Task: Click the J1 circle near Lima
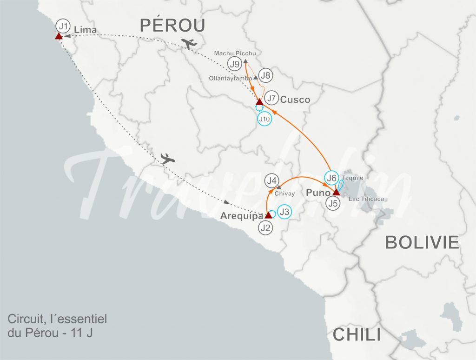[62, 25]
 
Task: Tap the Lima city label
[88, 31]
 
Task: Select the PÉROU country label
[172, 25]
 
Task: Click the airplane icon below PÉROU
[189, 44]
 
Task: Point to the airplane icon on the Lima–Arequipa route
[168, 158]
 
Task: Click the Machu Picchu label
[235, 53]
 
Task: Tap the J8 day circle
[266, 75]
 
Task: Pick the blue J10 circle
[264, 119]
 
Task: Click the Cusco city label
[295, 100]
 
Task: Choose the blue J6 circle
[331, 178]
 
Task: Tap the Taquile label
[352, 178]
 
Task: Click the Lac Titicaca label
[368, 199]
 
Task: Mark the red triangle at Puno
[336, 192]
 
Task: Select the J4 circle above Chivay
[272, 180]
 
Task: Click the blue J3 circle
[285, 212]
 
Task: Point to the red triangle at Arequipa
[268, 215]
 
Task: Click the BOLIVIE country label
[422, 242]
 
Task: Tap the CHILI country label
[357, 334]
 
